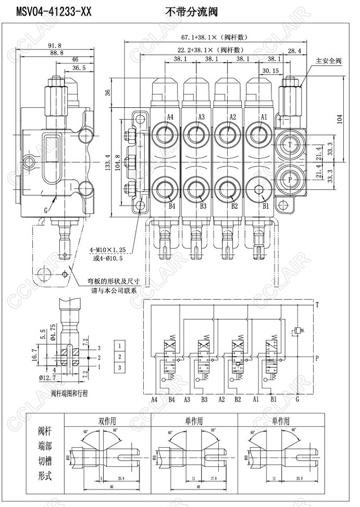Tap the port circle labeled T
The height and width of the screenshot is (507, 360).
pyautogui.click(x=290, y=143)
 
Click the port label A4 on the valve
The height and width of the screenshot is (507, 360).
pyautogui.click(x=170, y=117)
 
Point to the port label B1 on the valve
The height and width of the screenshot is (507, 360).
pyautogui.click(x=265, y=206)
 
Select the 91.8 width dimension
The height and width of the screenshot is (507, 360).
pyautogui.click(x=54, y=45)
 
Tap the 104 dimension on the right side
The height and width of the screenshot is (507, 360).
pyautogui.click(x=340, y=119)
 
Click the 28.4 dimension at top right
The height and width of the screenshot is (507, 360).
pyautogui.click(x=294, y=50)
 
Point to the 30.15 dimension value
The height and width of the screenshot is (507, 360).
pyautogui.click(x=270, y=70)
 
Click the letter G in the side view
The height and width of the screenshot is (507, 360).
pyautogui.click(x=46, y=210)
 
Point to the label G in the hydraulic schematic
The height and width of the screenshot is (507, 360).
pyautogui.click(x=297, y=400)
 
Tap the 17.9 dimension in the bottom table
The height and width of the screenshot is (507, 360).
pyautogui.click(x=213, y=478)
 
